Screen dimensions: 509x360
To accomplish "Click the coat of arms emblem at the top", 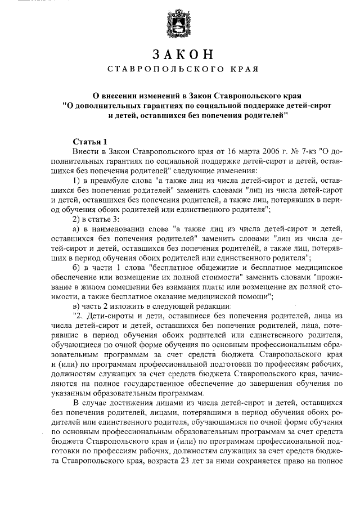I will [x=179, y=26].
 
